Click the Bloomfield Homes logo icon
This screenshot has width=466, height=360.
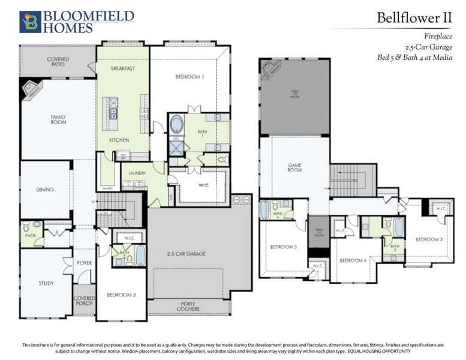(x=30, y=22)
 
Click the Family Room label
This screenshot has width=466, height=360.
(x=58, y=119)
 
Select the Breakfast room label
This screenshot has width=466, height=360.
(x=122, y=69)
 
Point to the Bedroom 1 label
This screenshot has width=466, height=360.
(x=190, y=77)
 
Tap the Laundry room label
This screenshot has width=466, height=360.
(x=137, y=173)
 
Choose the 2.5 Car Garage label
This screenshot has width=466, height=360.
(x=186, y=254)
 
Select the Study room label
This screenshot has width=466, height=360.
(x=46, y=283)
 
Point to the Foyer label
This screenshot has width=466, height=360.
(x=84, y=263)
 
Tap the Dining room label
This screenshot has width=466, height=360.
(x=45, y=190)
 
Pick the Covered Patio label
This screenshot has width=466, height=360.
(x=58, y=62)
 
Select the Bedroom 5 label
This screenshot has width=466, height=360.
(x=283, y=247)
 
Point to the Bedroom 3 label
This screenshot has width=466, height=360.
(x=429, y=240)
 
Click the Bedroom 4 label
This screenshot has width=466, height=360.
(x=353, y=260)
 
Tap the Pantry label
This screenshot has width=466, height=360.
(x=107, y=188)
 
